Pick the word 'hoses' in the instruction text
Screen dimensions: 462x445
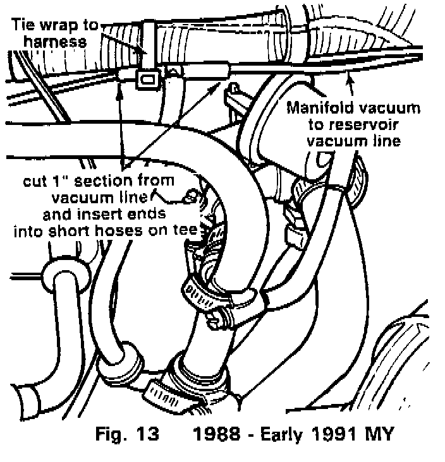pyautogui.click(x=124, y=230)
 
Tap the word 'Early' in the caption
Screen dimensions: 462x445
pyautogui.click(x=284, y=435)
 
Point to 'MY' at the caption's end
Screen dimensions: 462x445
pyautogui.click(x=379, y=435)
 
